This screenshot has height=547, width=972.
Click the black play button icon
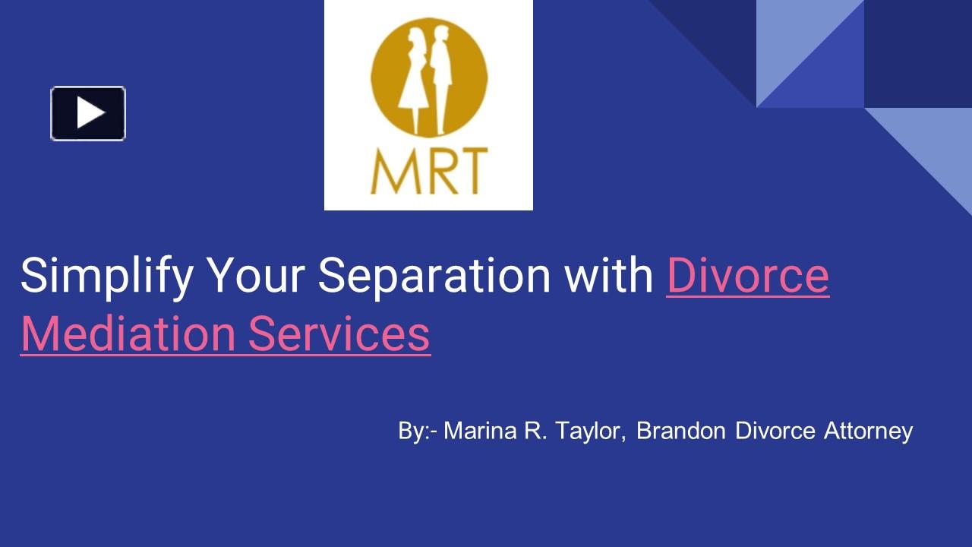pyautogui.click(x=88, y=113)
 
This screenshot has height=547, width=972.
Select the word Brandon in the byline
pyautogui.click(x=682, y=431)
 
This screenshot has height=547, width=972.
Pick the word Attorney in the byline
pyautogui.click(x=868, y=431)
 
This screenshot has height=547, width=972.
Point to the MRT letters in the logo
pyautogui.click(x=428, y=172)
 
